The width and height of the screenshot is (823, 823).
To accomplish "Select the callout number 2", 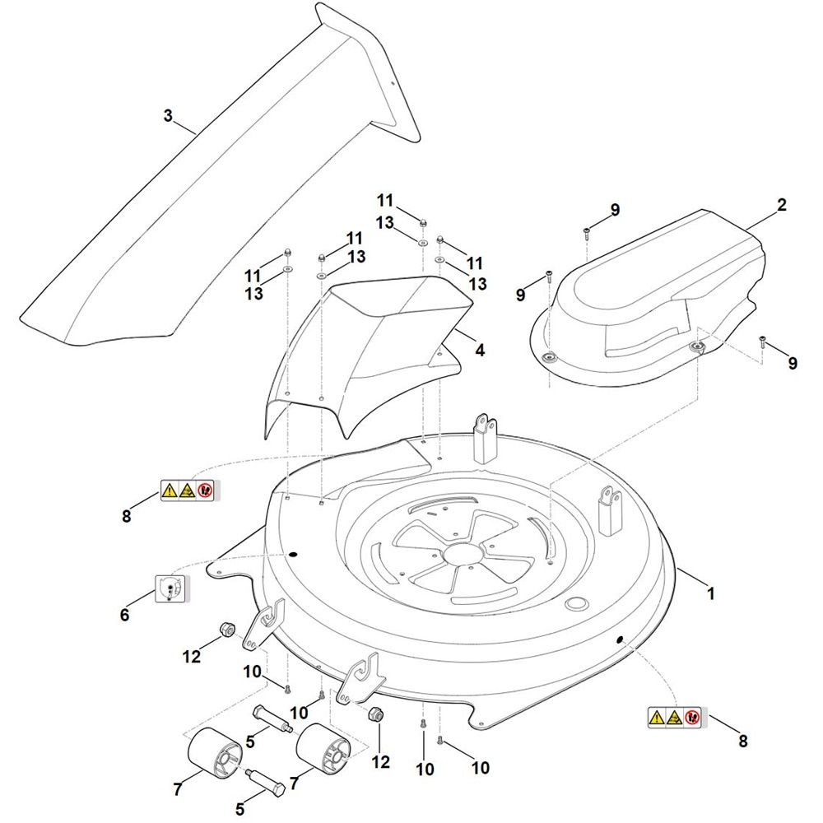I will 781,204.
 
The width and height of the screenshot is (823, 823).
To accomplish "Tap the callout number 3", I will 168,116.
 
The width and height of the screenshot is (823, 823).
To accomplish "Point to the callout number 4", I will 480,350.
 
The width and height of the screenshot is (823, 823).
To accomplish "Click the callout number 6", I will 125,615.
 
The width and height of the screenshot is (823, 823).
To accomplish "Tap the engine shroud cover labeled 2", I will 658,296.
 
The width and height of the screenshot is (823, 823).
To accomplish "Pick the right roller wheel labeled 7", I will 323,749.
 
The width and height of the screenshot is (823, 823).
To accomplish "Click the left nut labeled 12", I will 225,632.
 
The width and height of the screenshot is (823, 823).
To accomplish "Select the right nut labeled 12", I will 375,714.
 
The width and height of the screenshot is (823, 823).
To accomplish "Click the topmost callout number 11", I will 387,200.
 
